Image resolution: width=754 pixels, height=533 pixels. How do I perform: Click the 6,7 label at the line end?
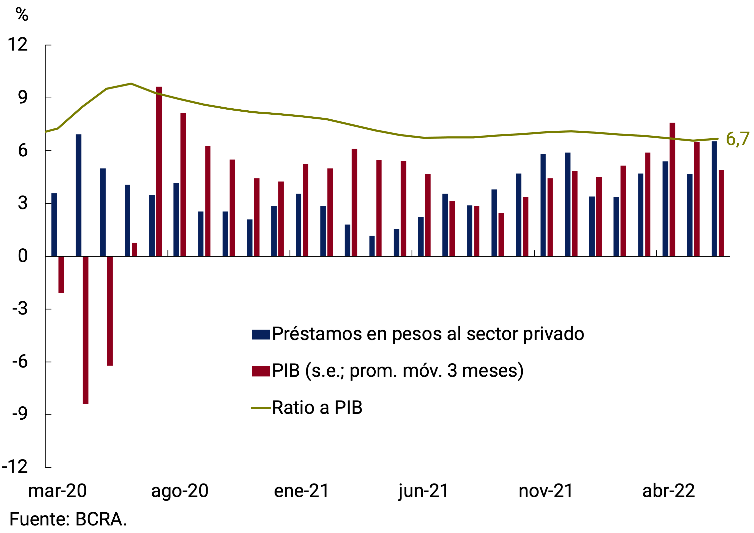tap(737, 139)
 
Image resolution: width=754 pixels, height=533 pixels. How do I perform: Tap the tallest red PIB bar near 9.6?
tap(159, 171)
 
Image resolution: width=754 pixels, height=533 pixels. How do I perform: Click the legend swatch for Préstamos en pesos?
tap(261, 334)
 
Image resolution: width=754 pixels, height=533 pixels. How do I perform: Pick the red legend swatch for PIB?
tap(261, 371)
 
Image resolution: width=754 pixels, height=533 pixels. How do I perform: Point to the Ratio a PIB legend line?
tap(261, 408)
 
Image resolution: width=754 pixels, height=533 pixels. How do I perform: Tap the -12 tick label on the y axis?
tap(15, 467)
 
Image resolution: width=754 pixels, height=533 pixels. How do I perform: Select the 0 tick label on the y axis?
tap(22, 256)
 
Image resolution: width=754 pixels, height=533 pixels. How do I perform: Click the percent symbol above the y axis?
tap(22, 14)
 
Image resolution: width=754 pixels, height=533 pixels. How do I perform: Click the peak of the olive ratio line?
tap(131, 84)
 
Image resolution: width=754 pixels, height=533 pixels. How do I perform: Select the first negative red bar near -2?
tap(61, 274)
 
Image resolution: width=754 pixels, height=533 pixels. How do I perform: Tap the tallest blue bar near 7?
tap(78, 195)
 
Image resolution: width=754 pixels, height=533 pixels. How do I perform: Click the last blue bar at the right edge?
tap(714, 199)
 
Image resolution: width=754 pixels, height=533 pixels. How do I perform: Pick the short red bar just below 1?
tap(134, 250)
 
